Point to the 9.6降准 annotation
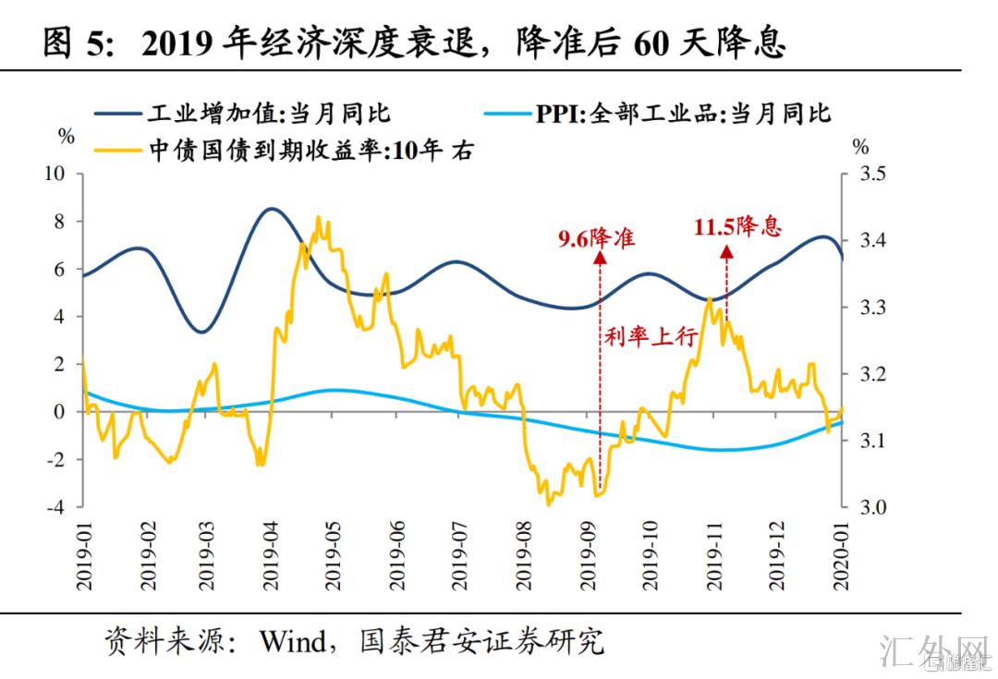tap(596, 237)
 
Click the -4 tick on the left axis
tap(57, 507)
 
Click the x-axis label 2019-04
tap(271, 554)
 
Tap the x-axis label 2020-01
tap(843, 554)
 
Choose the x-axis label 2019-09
tap(588, 554)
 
